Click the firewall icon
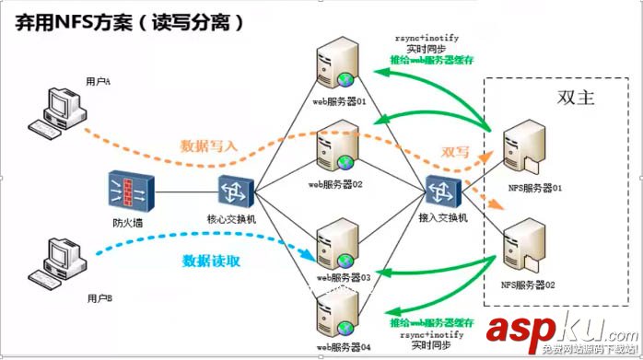[130, 191]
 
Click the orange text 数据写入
[210, 145]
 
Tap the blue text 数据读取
[211, 261]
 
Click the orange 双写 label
[456, 152]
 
